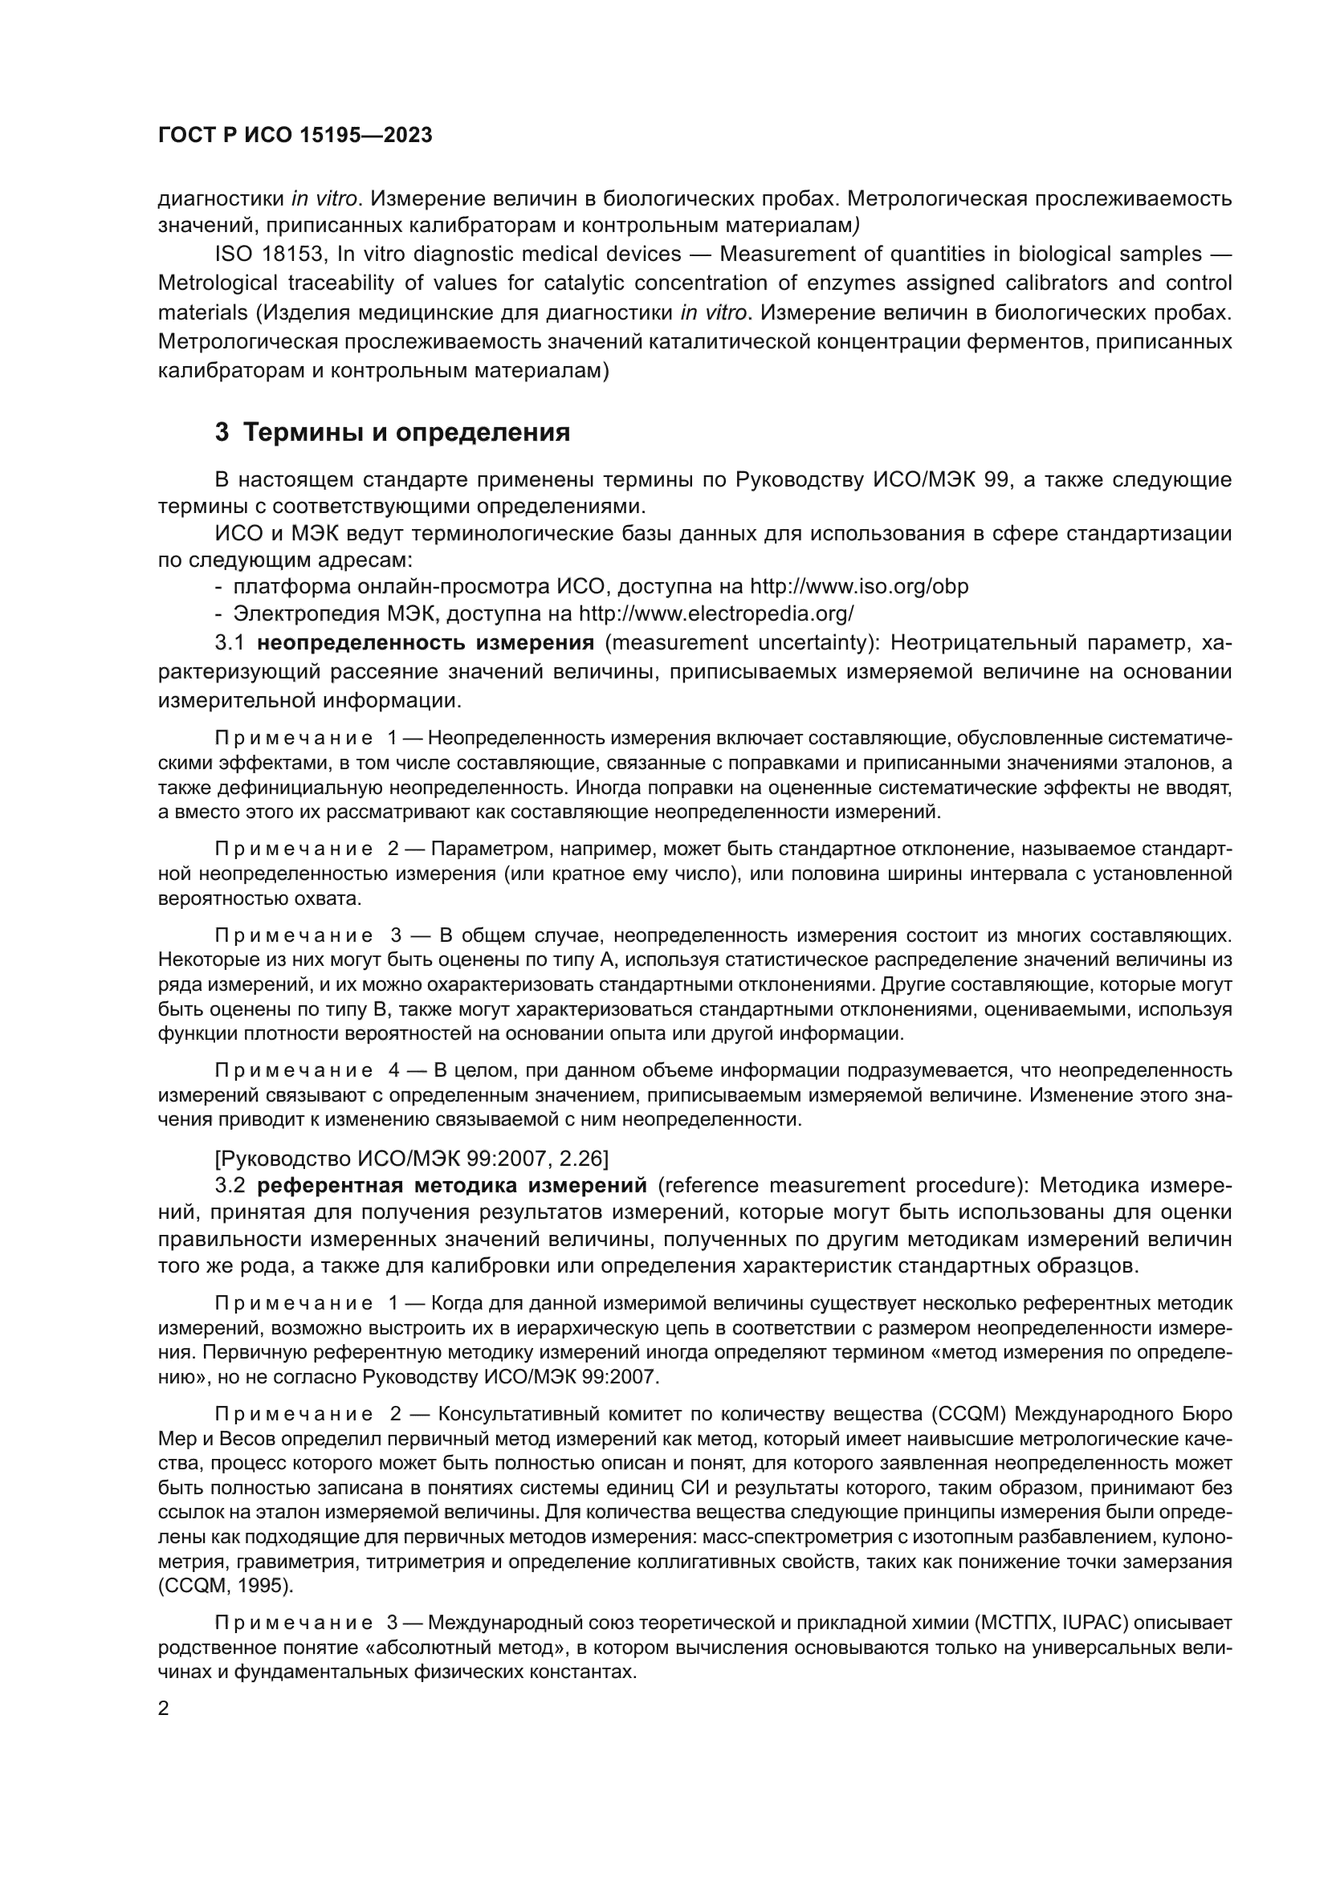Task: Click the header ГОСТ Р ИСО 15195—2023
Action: point(295,136)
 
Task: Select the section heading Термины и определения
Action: point(393,432)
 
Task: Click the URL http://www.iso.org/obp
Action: point(858,586)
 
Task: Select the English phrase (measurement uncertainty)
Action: point(742,643)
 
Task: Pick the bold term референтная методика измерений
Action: point(451,1185)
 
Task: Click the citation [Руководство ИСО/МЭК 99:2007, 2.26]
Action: point(411,1159)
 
